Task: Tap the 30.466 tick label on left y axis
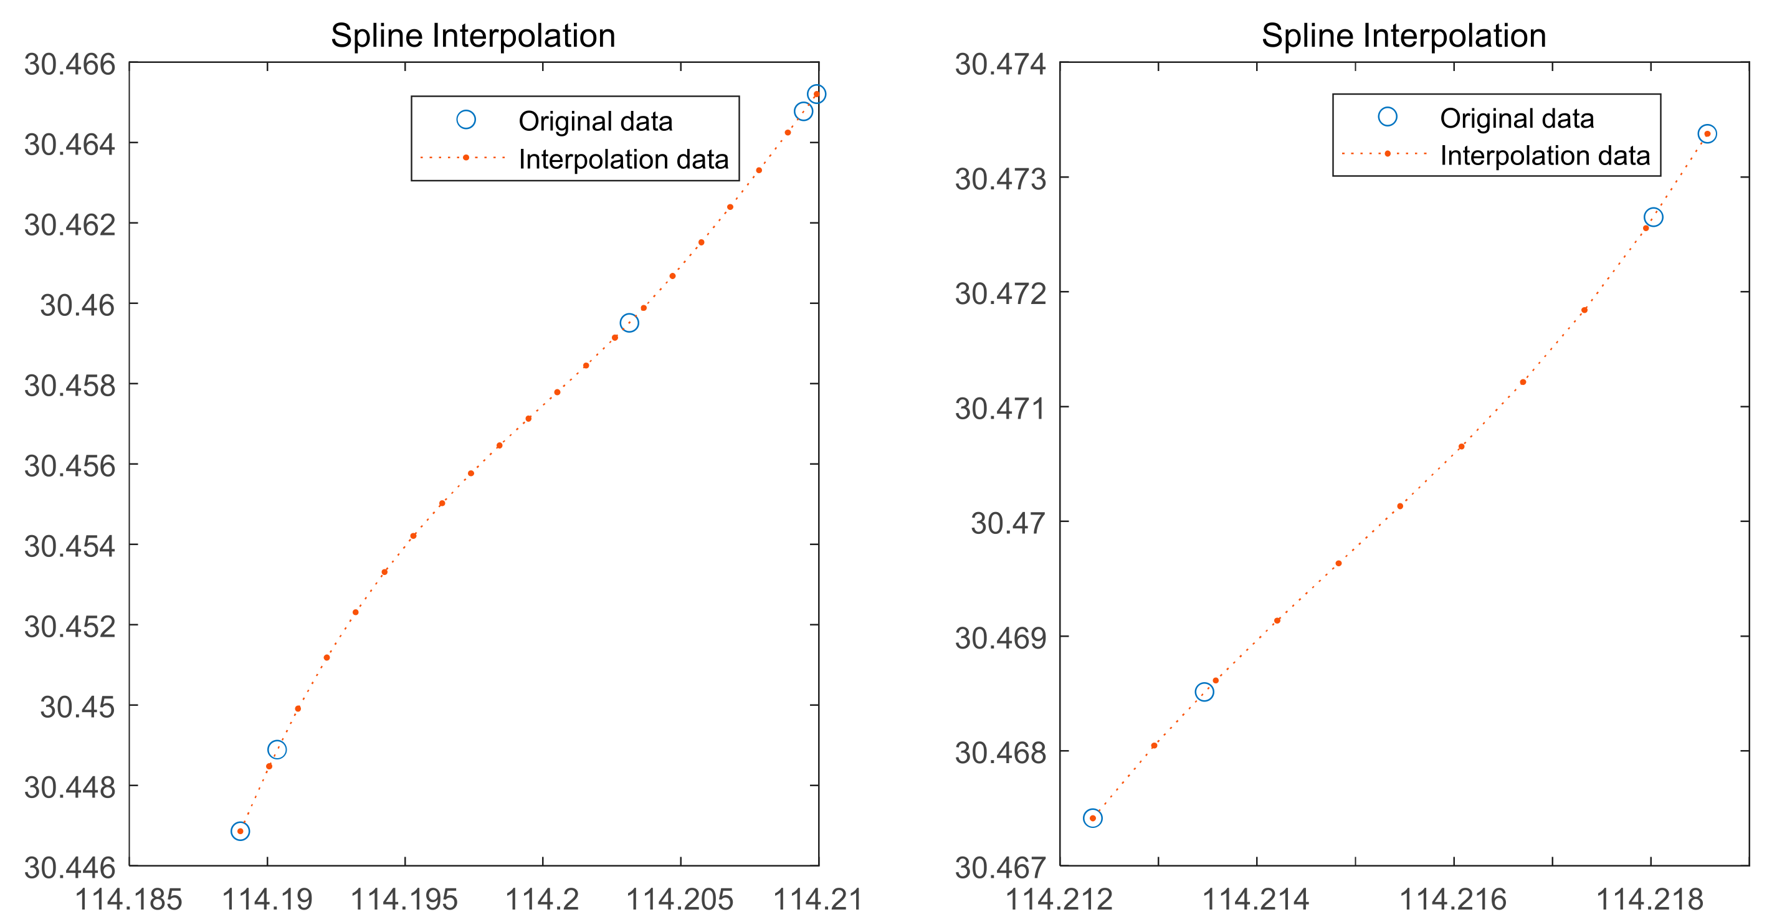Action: tap(70, 65)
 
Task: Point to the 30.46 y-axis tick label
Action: tap(77, 305)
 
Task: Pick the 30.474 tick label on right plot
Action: tap(1000, 65)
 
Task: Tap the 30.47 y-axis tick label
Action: tap(1008, 523)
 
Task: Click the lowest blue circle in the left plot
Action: tap(240, 831)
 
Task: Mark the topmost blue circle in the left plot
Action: tap(816, 94)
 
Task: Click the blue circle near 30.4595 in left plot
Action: tap(629, 323)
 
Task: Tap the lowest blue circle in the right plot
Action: tap(1092, 818)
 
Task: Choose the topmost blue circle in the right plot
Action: tap(1707, 134)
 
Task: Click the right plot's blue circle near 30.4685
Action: tap(1204, 691)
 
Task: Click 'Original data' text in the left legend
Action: tap(594, 121)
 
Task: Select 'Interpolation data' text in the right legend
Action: tap(1545, 156)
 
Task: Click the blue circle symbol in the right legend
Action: tap(1386, 116)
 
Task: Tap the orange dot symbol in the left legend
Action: tap(465, 158)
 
